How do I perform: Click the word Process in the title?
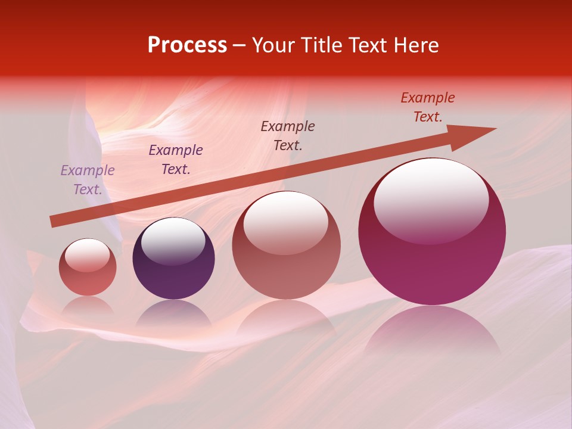tap(187, 45)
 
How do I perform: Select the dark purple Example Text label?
tap(176, 160)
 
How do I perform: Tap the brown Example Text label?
tap(288, 135)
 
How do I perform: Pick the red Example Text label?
tap(428, 107)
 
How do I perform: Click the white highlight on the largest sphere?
tap(431, 200)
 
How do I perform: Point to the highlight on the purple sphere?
tap(173, 240)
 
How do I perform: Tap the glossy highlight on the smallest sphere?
tap(87, 255)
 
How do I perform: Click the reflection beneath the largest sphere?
tap(432, 328)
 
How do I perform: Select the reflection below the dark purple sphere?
tap(173, 313)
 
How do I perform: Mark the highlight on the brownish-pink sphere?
tap(286, 222)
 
